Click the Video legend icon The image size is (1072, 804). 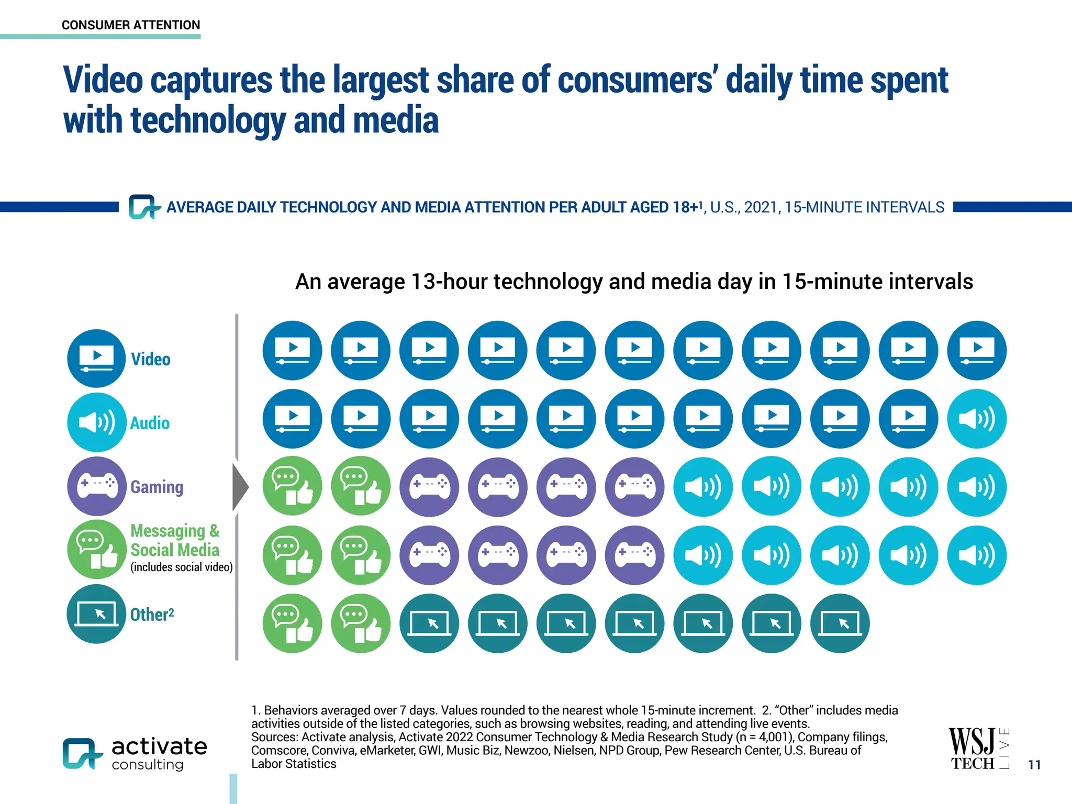pyautogui.click(x=96, y=359)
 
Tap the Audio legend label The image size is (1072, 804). pyautogui.click(x=150, y=423)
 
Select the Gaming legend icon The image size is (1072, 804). pyautogui.click(x=96, y=486)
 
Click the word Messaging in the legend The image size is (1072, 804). pyautogui.click(x=167, y=531)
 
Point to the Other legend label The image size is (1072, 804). pyautogui.click(x=152, y=615)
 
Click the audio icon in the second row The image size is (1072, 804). pyautogui.click(x=976, y=419)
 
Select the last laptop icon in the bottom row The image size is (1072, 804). pyautogui.click(x=840, y=623)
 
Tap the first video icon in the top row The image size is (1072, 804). pyautogui.click(x=292, y=350)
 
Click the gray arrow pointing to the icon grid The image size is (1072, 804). pyautogui.click(x=240, y=487)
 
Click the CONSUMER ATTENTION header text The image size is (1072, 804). pyautogui.click(x=131, y=25)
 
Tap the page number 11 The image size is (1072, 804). pyautogui.click(x=1034, y=765)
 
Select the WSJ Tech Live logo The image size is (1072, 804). pyautogui.click(x=978, y=749)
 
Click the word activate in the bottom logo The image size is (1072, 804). pyautogui.click(x=159, y=746)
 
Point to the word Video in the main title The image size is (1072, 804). pyautogui.click(x=103, y=80)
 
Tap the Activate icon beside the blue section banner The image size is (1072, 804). pyautogui.click(x=141, y=207)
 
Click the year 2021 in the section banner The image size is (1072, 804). pyautogui.click(x=762, y=207)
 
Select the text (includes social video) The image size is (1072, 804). pyautogui.click(x=182, y=567)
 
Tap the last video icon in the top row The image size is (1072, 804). pyautogui.click(x=976, y=350)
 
